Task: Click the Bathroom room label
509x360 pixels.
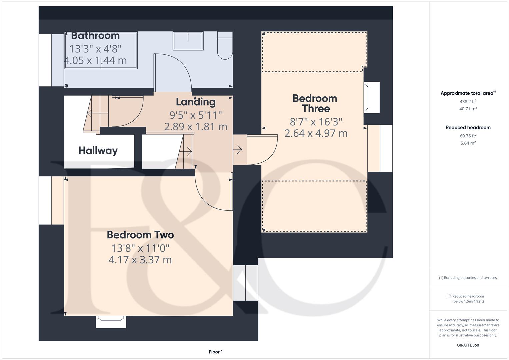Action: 95,36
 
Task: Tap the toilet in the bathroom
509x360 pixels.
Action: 225,45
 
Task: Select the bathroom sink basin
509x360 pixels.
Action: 188,41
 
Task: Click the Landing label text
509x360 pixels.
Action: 196,102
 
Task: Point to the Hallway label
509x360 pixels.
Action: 98,151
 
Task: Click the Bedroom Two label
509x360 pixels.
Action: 140,235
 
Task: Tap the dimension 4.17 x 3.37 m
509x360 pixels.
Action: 140,260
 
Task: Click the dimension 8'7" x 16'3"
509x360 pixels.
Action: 316,122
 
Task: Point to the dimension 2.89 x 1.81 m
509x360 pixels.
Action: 196,127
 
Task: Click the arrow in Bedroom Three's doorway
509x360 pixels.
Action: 238,150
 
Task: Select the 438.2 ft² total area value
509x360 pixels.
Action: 468,102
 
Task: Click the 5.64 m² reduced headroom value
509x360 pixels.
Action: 468,143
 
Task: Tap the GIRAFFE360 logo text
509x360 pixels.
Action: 468,345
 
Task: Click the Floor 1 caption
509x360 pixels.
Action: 216,352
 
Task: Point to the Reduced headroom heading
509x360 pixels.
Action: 468,127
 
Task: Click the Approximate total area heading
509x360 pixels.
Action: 468,93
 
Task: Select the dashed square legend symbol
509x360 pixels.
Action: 449,296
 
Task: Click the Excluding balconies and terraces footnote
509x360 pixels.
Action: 468,278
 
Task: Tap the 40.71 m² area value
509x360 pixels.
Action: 468,109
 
